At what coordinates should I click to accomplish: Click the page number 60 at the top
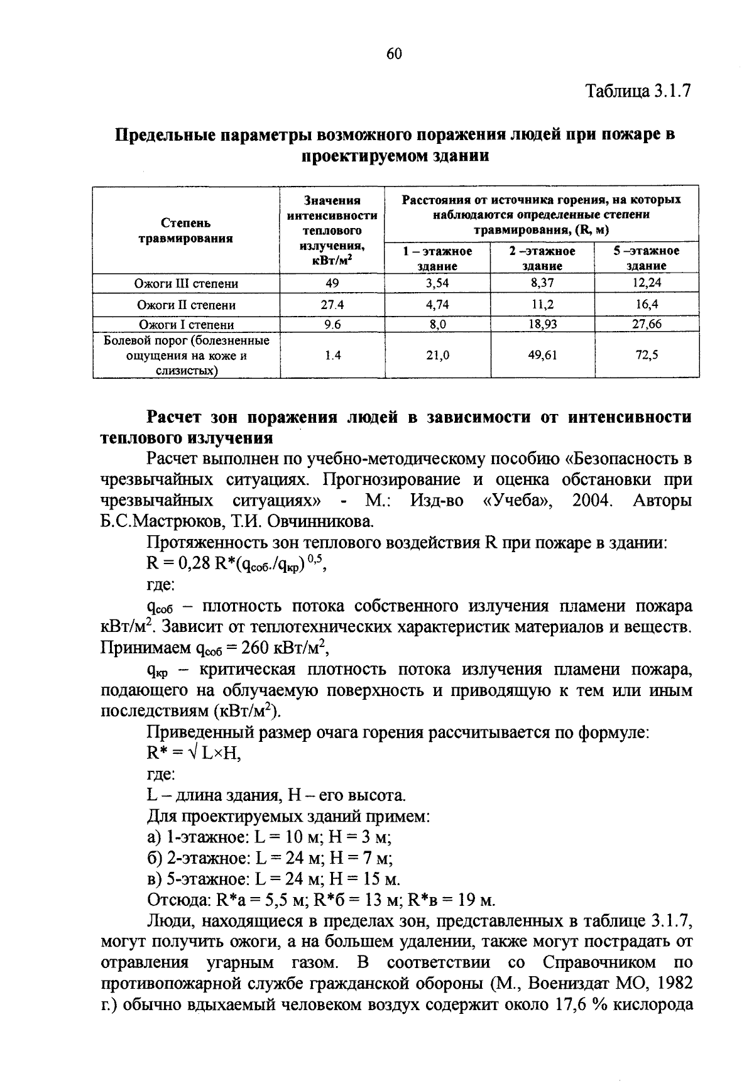click(394, 54)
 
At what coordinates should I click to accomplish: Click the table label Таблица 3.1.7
click(638, 91)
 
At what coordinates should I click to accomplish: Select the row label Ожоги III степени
click(187, 283)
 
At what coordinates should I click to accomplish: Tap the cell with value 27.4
click(332, 305)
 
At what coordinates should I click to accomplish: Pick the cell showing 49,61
click(542, 356)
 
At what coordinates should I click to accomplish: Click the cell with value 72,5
click(647, 356)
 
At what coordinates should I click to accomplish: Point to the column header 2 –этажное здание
click(542, 258)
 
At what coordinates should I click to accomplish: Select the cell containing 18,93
click(542, 324)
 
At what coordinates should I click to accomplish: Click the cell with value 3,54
click(437, 283)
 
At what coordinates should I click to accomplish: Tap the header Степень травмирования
click(186, 231)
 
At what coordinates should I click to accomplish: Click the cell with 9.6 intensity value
click(332, 324)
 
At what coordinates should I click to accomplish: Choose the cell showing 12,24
click(647, 283)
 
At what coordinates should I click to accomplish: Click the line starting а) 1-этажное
click(270, 837)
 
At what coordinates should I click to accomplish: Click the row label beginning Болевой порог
click(187, 356)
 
